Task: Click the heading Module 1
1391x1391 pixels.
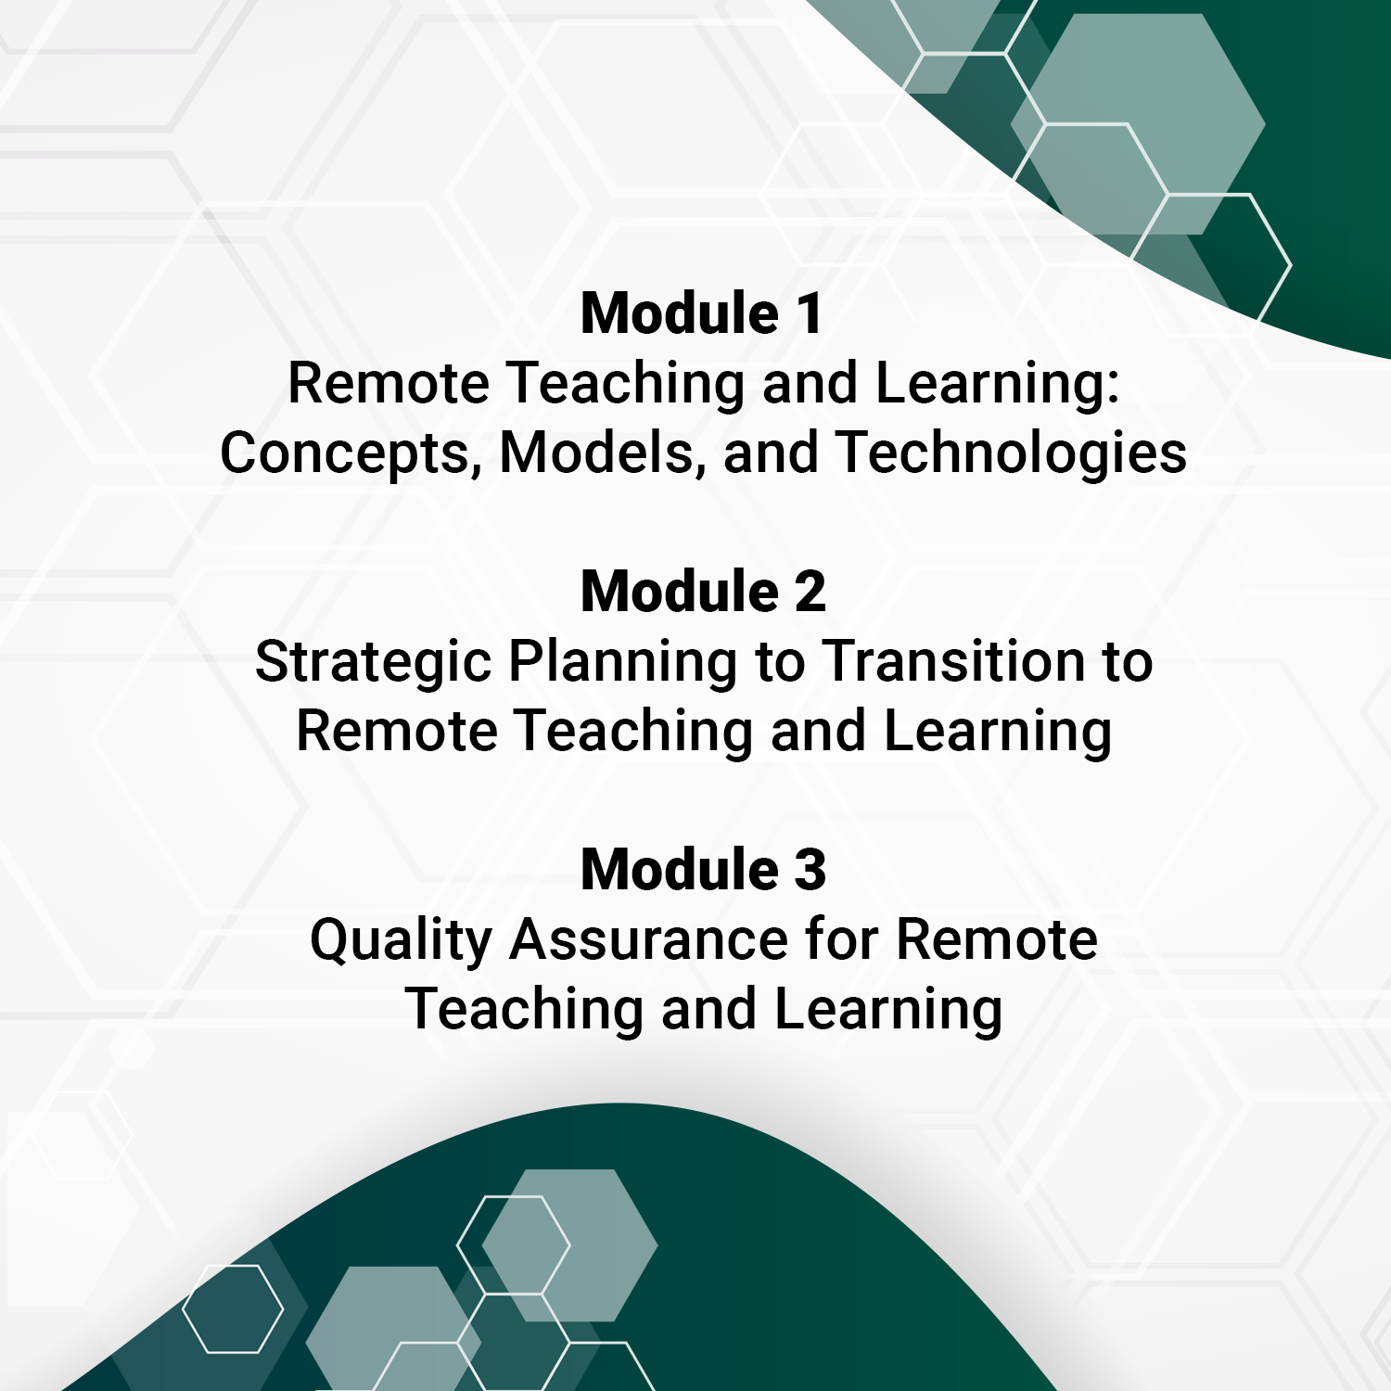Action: pyautogui.click(x=701, y=313)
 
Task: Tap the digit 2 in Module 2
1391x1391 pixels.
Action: pyautogui.click(x=810, y=592)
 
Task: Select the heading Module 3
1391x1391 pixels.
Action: pyautogui.click(x=703, y=870)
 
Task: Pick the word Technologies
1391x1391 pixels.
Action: pyautogui.click(x=1011, y=453)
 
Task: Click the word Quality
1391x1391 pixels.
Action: pyautogui.click(x=401, y=940)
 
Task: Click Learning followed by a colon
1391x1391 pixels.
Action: pyautogui.click(x=997, y=384)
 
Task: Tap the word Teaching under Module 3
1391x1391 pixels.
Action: pyautogui.click(x=526, y=1010)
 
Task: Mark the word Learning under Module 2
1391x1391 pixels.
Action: pyautogui.click(x=997, y=732)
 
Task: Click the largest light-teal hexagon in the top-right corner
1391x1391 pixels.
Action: pyautogui.click(x=1138, y=124)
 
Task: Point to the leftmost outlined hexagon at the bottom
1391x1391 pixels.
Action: pyautogui.click(x=233, y=1308)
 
